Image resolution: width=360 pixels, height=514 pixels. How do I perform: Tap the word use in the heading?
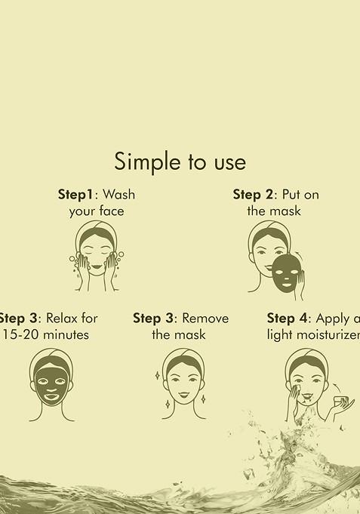tap(228, 162)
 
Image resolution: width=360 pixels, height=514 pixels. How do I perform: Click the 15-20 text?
tap(20, 334)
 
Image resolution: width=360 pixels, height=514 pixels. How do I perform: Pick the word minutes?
tap(65, 334)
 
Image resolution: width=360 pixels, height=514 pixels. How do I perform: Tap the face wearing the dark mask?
tap(51, 383)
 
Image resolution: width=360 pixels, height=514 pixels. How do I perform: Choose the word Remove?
tap(205, 318)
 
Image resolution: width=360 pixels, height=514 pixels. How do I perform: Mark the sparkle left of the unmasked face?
tap(157, 375)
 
